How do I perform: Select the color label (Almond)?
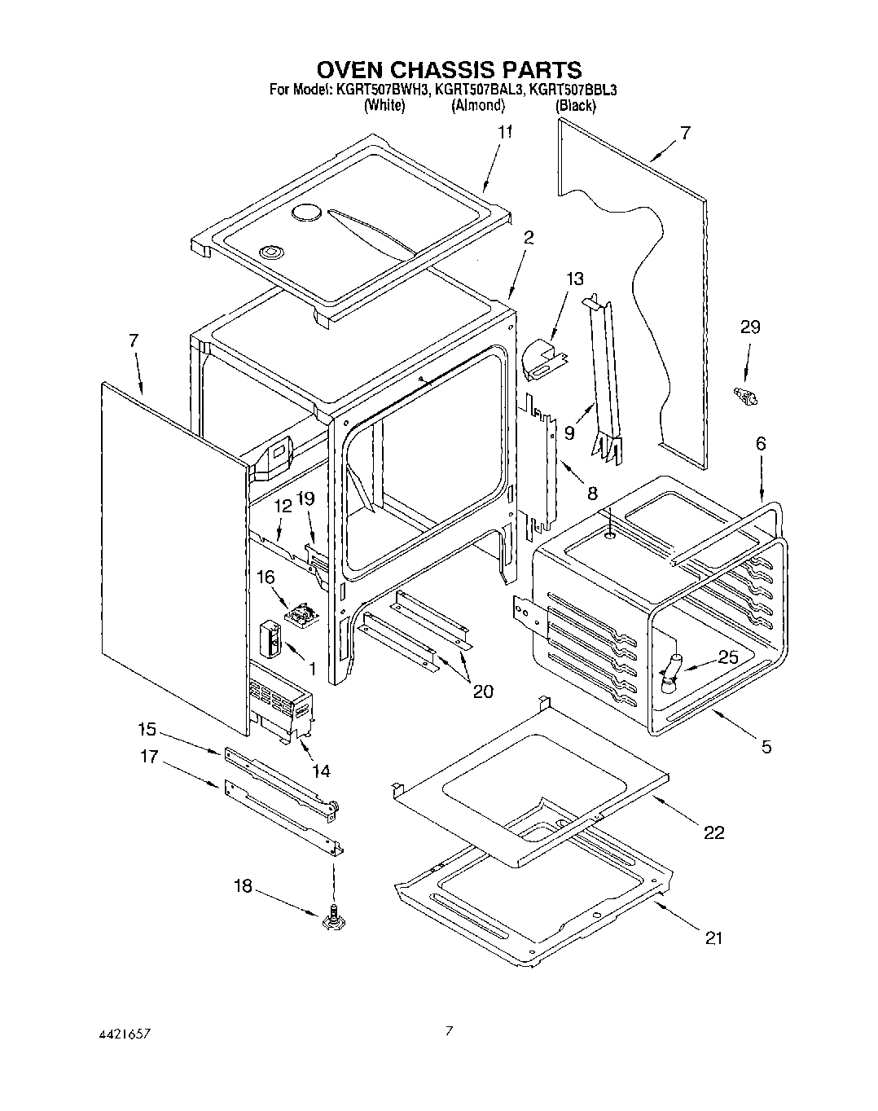(x=478, y=105)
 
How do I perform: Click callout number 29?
(x=749, y=327)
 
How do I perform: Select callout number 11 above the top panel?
(x=506, y=133)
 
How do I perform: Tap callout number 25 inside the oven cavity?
(x=728, y=656)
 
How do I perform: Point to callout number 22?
(x=713, y=832)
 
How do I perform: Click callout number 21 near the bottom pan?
(x=713, y=938)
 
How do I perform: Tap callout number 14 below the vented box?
(x=321, y=771)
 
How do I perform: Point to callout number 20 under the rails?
(x=483, y=692)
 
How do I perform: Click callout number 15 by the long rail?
(x=147, y=730)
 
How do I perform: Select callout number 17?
(x=147, y=757)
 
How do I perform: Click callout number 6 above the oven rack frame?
(x=761, y=444)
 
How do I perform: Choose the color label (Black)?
(x=575, y=105)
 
